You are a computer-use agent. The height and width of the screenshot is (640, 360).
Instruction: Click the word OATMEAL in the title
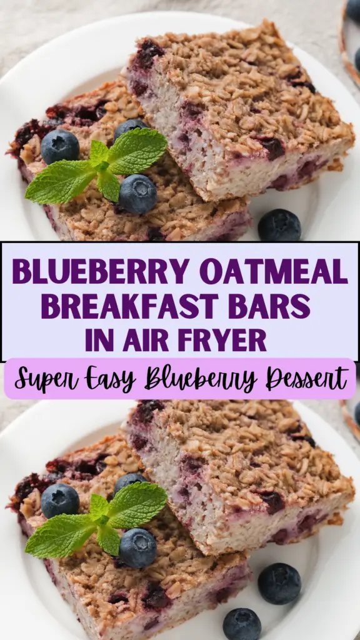click(274, 272)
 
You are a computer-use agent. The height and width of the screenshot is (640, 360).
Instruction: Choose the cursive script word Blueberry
click(201, 379)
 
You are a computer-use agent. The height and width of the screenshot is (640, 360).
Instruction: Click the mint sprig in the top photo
click(97, 166)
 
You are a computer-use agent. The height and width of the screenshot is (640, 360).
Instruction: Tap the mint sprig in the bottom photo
click(97, 521)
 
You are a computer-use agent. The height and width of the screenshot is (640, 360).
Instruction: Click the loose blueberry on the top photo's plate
click(279, 225)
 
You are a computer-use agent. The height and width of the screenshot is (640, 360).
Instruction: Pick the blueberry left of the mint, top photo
click(60, 147)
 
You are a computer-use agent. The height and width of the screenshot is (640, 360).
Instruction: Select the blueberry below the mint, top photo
click(137, 194)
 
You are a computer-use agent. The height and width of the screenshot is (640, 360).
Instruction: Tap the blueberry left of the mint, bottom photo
click(60, 501)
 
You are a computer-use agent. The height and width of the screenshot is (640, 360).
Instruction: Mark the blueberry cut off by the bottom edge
click(242, 624)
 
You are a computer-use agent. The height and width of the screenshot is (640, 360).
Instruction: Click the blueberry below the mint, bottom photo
click(137, 548)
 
